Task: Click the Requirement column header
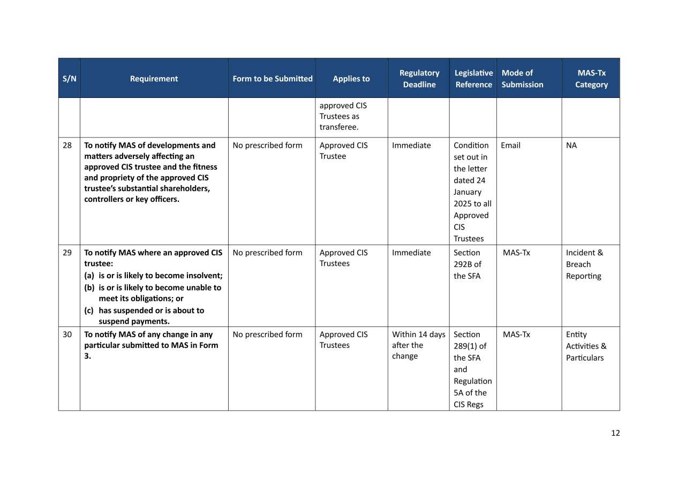(154, 79)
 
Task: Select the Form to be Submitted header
(272, 79)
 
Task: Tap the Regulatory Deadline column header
(419, 79)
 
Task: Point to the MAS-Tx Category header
(591, 79)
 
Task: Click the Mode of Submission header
(522, 79)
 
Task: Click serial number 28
(67, 146)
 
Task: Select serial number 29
(67, 253)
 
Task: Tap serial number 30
(67, 334)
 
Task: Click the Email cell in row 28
(510, 146)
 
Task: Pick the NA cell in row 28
(571, 146)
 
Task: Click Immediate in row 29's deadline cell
(411, 253)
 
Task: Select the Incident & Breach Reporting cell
(584, 264)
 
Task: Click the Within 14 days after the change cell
(418, 345)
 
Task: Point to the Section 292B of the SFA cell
(467, 264)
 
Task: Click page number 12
(615, 433)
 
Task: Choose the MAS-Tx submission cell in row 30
(516, 334)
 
